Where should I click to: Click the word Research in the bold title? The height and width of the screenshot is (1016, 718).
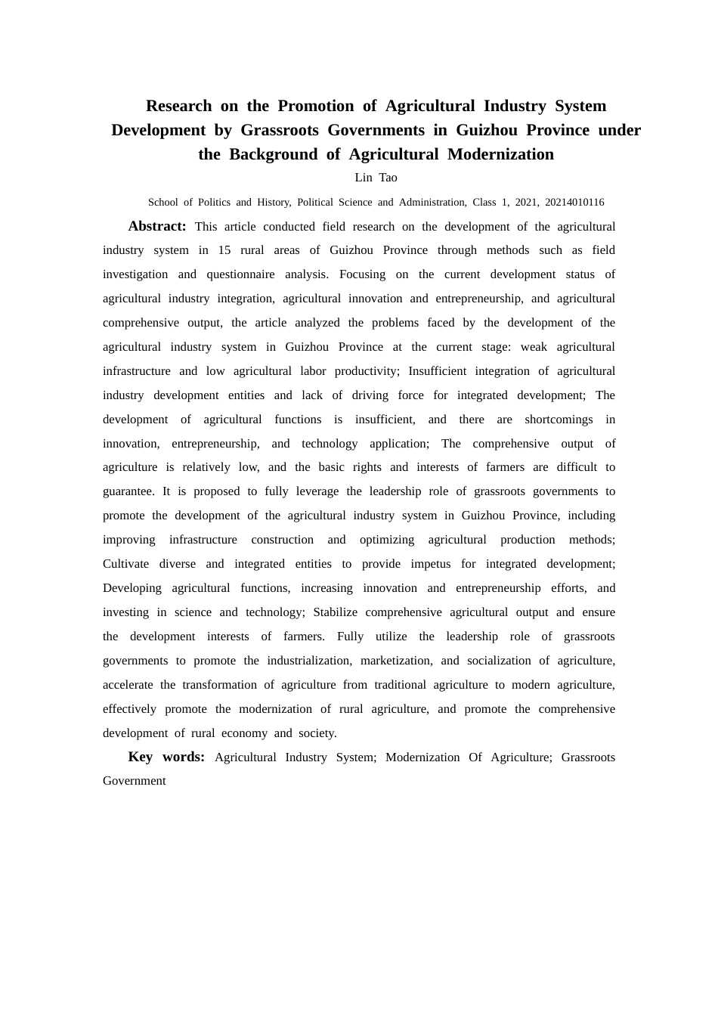178,106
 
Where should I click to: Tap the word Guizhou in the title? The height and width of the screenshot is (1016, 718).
484,130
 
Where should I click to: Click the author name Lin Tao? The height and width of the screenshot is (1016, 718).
376,178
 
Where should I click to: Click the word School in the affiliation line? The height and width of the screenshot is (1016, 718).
162,203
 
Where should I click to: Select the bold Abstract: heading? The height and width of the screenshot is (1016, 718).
156,226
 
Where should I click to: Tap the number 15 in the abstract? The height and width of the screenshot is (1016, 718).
224,250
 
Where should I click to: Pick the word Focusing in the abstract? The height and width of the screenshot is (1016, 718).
362,274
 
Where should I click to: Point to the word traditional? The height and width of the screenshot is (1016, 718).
400,685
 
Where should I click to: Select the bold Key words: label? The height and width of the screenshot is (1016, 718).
166,757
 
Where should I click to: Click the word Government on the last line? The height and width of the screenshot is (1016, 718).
134,781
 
